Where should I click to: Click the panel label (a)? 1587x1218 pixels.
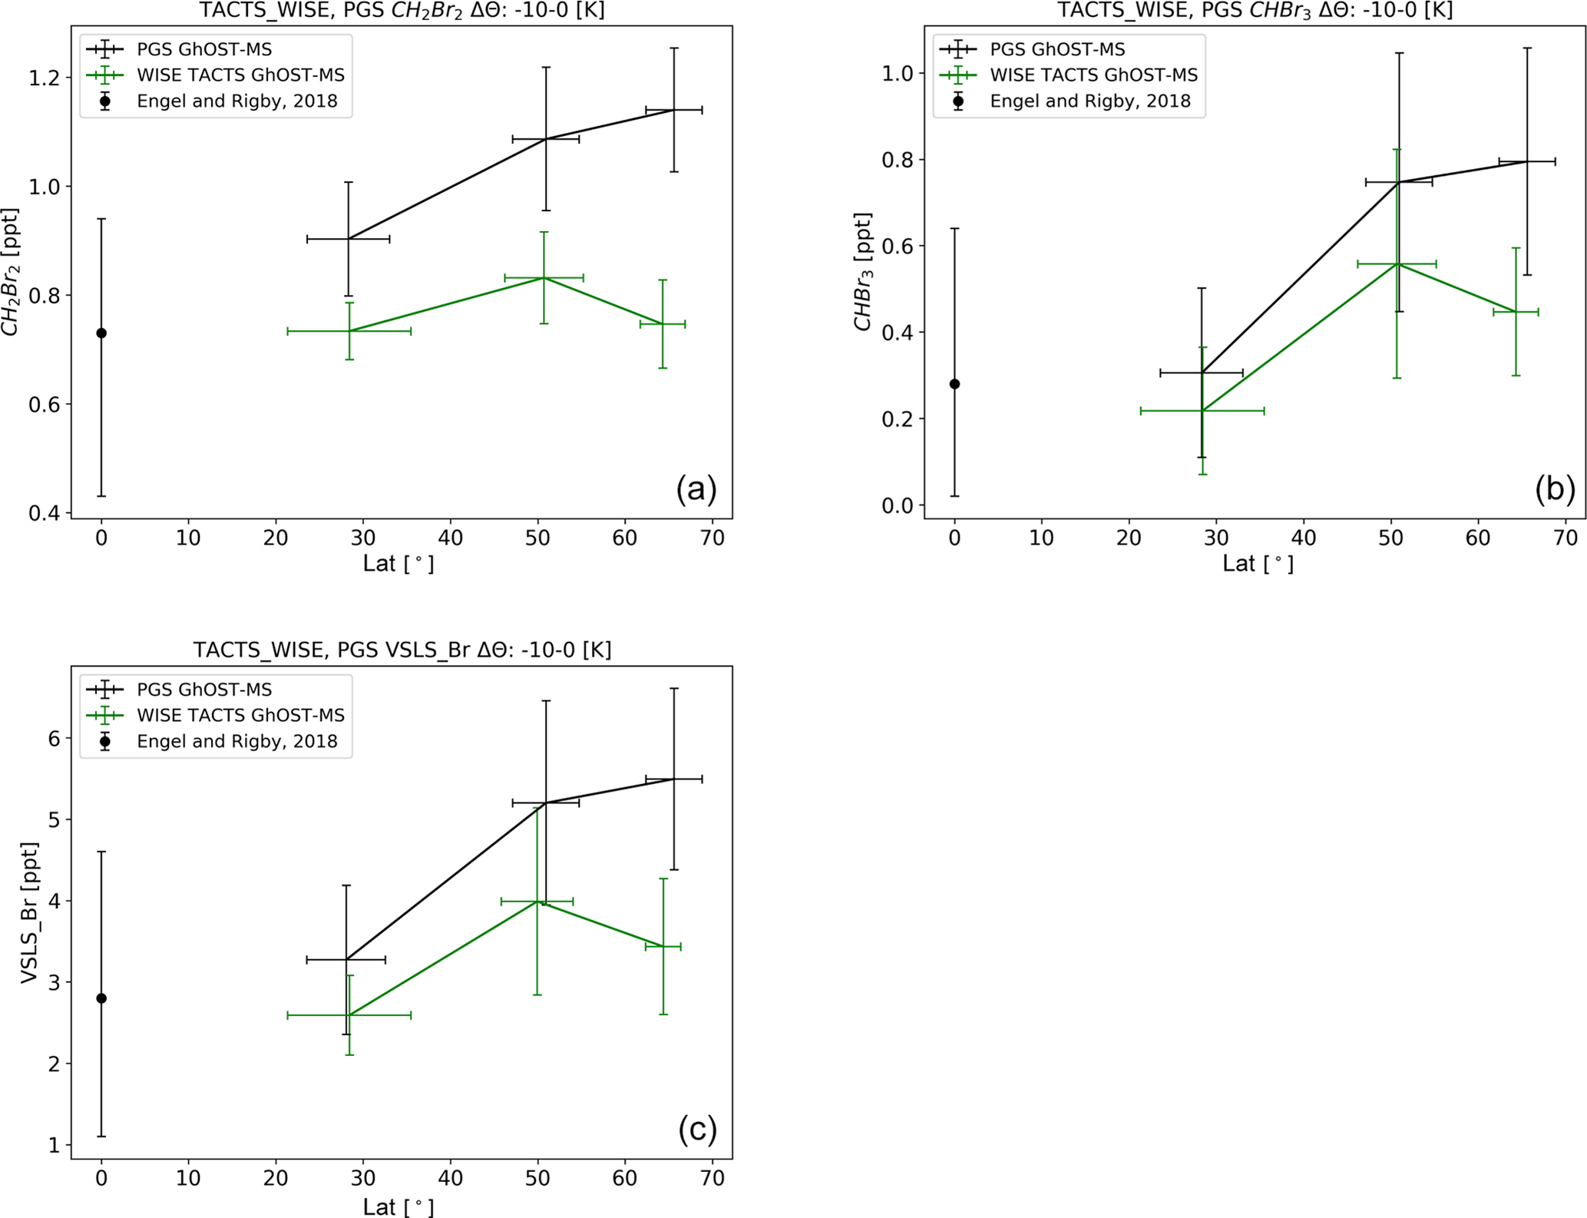[x=696, y=488]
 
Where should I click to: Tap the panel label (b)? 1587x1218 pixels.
[x=1555, y=488]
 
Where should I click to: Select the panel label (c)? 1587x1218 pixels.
[x=697, y=1129]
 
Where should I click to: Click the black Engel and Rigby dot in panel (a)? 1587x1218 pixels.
[x=101, y=333]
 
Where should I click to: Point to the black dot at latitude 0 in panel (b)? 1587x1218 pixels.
[x=954, y=384]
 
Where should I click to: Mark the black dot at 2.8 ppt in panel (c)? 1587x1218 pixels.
[x=101, y=998]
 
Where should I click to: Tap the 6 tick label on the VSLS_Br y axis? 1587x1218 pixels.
[x=55, y=738]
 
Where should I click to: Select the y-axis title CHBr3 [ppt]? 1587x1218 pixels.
[x=863, y=272]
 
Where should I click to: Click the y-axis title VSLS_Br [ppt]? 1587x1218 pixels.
[x=29, y=912]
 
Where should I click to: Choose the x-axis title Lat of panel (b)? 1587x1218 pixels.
[x=1258, y=564]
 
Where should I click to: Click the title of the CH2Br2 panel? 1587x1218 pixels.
[x=402, y=11]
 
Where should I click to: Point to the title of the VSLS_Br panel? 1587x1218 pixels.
[x=402, y=650]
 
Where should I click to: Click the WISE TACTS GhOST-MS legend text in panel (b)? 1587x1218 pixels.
[x=1093, y=75]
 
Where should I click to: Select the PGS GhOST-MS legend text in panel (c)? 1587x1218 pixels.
[x=204, y=690]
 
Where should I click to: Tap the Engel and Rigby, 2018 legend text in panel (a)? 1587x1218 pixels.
[x=237, y=101]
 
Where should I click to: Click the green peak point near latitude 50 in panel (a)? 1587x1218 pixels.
[x=544, y=277]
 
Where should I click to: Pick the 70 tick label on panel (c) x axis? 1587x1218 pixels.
[x=712, y=1178]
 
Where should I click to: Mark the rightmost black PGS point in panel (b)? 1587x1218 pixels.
[x=1527, y=161]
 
